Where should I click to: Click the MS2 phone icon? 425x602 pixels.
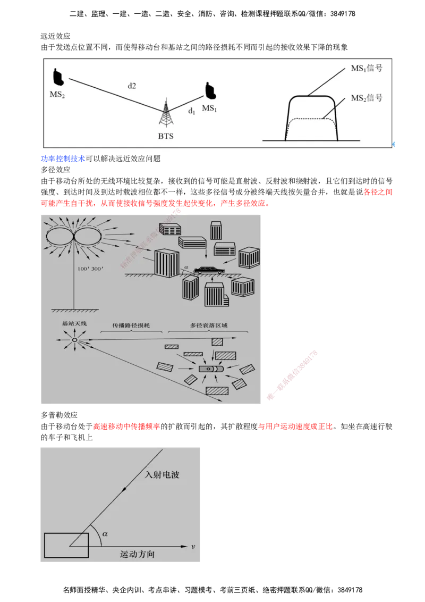click(x=58, y=78)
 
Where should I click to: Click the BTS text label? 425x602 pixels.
click(x=165, y=136)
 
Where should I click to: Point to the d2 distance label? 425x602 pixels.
click(x=132, y=85)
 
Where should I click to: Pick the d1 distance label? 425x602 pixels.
click(x=192, y=111)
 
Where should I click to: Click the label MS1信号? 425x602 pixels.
click(x=366, y=69)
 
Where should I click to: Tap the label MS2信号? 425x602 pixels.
click(x=366, y=98)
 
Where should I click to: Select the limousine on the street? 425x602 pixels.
click(x=209, y=270)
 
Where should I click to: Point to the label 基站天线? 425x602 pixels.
click(x=73, y=323)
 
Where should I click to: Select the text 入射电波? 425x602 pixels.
click(x=162, y=475)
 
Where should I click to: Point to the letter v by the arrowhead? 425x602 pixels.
click(x=193, y=546)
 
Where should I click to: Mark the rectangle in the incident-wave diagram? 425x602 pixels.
click(x=66, y=545)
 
